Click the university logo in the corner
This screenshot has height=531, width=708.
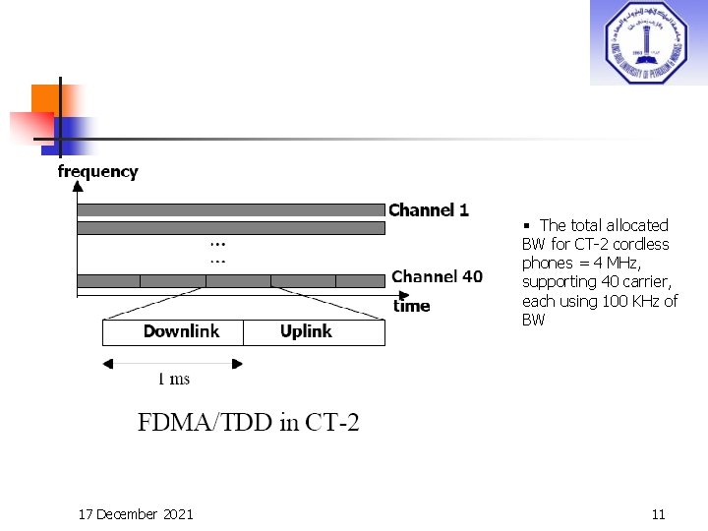click(x=648, y=42)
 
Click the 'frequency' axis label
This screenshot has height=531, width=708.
click(x=97, y=172)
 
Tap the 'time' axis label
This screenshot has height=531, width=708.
click(x=412, y=306)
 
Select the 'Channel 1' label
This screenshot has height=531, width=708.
click(x=429, y=209)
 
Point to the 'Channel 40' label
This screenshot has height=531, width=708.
click(x=437, y=276)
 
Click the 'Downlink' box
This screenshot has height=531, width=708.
click(x=173, y=332)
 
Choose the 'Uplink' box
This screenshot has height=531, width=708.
click(x=314, y=332)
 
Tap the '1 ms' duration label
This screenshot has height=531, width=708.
click(x=174, y=379)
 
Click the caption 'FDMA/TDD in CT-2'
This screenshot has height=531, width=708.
click(x=248, y=424)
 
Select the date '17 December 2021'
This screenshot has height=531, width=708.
click(x=136, y=514)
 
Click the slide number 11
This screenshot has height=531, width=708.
click(x=659, y=514)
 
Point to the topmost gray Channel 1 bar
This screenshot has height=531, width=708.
click(x=230, y=209)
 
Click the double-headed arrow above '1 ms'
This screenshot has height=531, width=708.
click(x=173, y=363)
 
